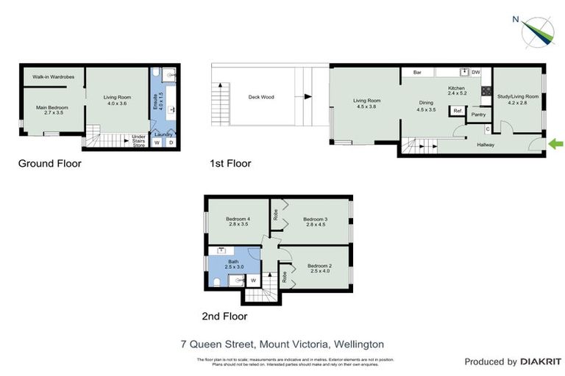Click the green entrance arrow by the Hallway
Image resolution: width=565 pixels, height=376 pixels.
click(555, 145)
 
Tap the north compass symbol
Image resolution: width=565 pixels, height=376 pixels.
click(538, 29)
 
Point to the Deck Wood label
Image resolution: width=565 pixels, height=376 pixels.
click(261, 96)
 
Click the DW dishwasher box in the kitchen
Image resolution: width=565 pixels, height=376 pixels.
click(475, 72)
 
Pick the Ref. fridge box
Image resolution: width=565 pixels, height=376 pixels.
click(457, 111)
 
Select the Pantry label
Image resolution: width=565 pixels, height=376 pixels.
click(477, 115)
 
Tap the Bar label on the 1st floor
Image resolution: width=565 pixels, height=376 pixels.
click(416, 72)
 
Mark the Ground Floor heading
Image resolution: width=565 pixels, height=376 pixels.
click(49, 164)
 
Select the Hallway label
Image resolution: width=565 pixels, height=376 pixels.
click(485, 145)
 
